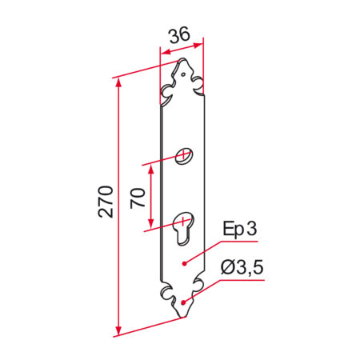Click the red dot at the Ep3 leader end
click(185, 262)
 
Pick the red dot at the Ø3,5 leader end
click(185, 302)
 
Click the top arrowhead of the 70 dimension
click(148, 169)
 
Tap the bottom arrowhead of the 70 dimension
click(148, 227)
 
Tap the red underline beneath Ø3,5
click(240, 281)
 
